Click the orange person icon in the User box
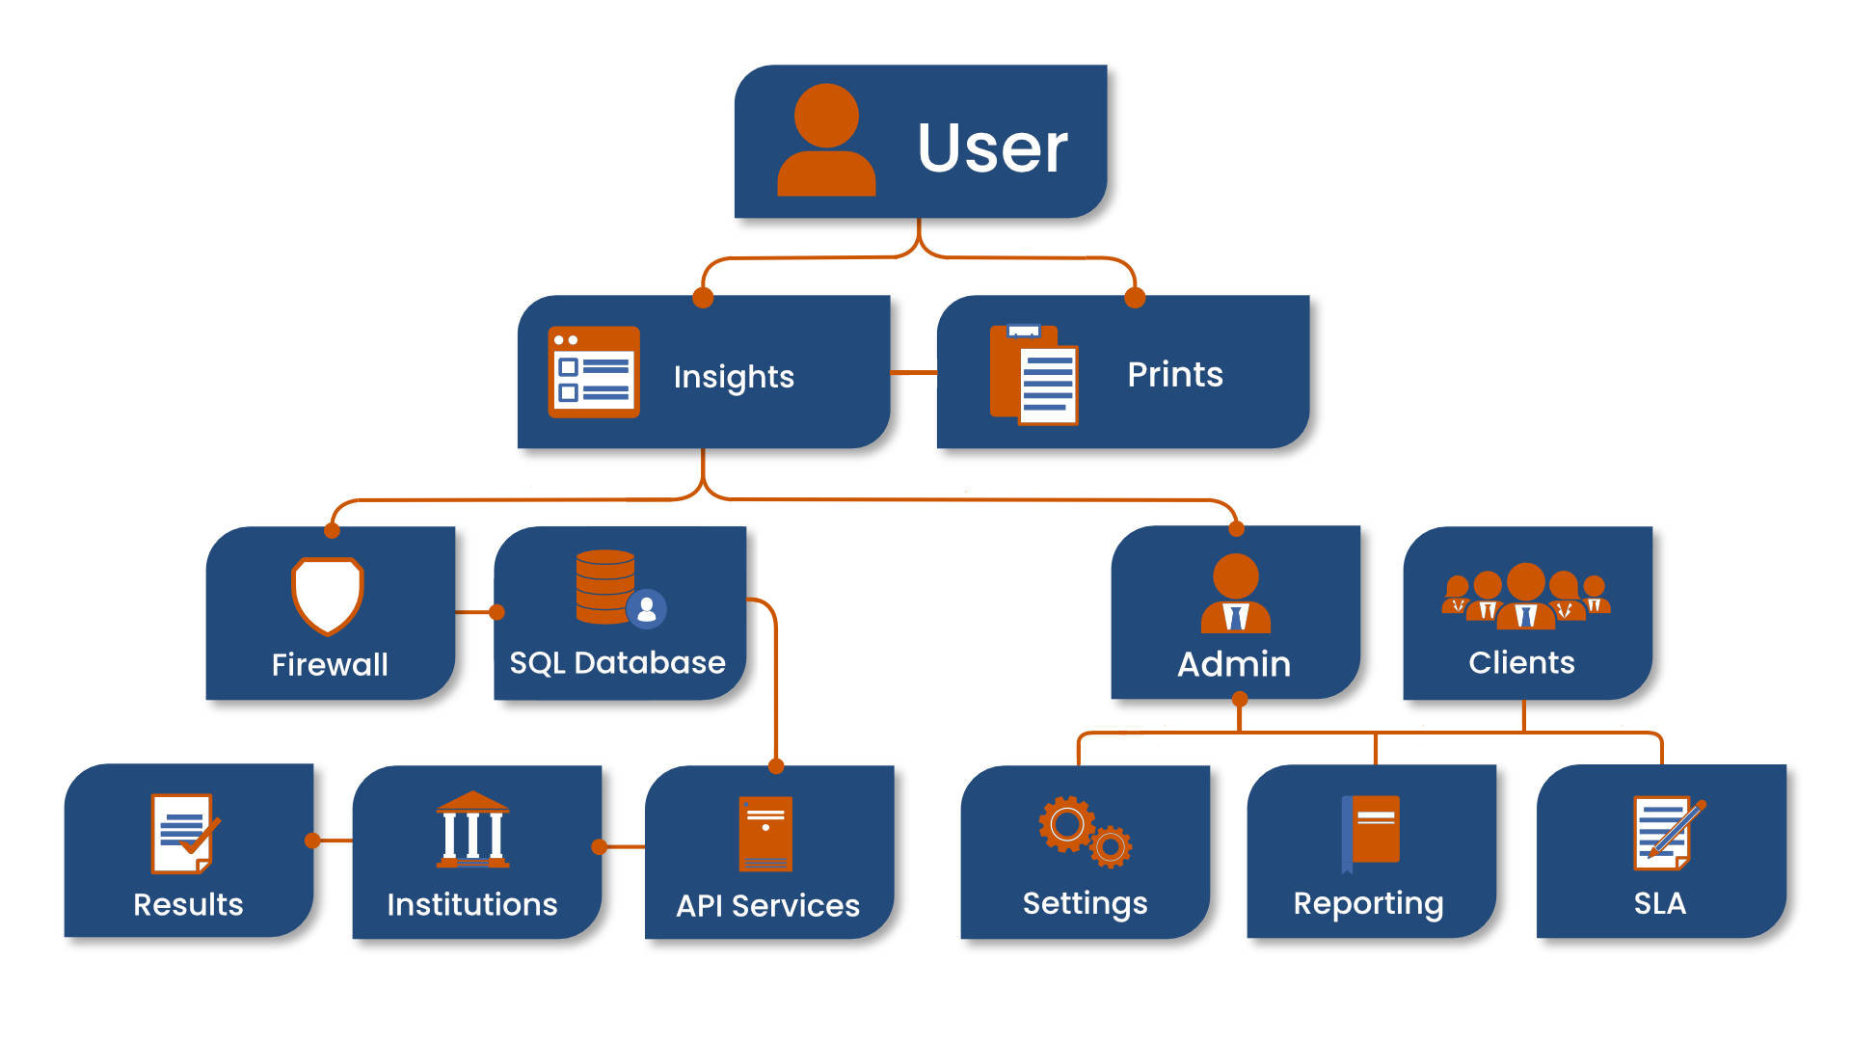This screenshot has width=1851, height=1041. pyautogui.click(x=826, y=141)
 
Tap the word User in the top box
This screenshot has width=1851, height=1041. pyautogui.click(x=992, y=148)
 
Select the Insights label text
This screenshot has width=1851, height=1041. pyautogui.click(x=734, y=377)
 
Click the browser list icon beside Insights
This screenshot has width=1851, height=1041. pyautogui.click(x=594, y=372)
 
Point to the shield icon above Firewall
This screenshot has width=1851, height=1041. pyautogui.click(x=328, y=595)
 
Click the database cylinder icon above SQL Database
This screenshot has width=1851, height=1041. pyautogui.click(x=606, y=586)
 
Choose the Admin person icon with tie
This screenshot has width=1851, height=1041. pyautogui.click(x=1235, y=593)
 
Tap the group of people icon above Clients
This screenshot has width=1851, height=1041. pyautogui.click(x=1525, y=596)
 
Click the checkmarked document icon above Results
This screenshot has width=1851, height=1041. pyautogui.click(x=183, y=834)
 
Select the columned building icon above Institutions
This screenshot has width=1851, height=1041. pyautogui.click(x=472, y=830)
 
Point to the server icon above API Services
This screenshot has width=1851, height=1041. pyautogui.click(x=765, y=834)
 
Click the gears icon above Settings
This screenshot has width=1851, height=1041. pyautogui.click(x=1085, y=832)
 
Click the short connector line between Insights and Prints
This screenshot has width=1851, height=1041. pyautogui.click(x=913, y=372)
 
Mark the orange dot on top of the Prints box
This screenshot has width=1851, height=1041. pyautogui.click(x=1135, y=297)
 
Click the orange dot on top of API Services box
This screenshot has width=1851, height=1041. pyautogui.click(x=776, y=766)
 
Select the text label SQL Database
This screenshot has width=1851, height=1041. pyautogui.click(x=617, y=663)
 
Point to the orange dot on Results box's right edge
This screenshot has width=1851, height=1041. pyautogui.click(x=312, y=841)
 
